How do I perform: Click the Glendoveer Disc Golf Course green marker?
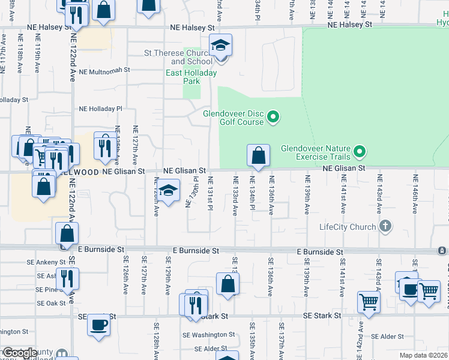[x=273, y=117]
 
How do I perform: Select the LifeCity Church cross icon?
[x=385, y=226]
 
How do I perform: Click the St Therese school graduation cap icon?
[x=220, y=45]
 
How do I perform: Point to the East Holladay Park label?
[x=191, y=77]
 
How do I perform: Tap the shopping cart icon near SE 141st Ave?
[x=369, y=302]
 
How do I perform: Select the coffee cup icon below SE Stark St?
[x=98, y=325]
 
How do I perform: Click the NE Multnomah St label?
[x=104, y=70]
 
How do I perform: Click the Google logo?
[x=20, y=353]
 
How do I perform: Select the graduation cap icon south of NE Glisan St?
[x=169, y=191]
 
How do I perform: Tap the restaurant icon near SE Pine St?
[x=68, y=278]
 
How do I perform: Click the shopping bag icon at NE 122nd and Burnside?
[x=67, y=233]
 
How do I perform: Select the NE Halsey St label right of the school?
[x=350, y=25]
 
